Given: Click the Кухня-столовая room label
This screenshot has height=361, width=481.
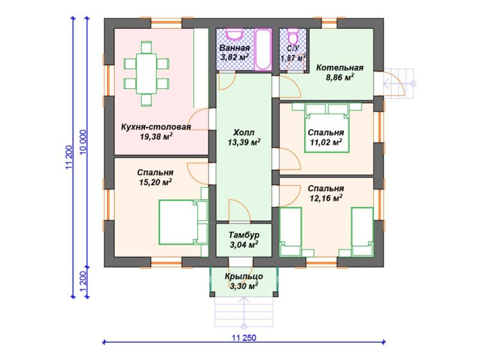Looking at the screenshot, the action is (156, 127).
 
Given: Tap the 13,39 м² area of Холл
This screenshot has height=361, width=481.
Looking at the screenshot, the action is (244, 142).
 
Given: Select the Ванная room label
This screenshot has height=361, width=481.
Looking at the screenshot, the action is (234, 48).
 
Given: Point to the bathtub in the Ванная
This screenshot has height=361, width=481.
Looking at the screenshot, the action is (264, 49).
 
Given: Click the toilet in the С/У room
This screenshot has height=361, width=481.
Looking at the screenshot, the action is (293, 36).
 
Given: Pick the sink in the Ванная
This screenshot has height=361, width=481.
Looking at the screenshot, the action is (234, 34).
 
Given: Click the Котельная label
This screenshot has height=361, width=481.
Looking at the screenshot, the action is (340, 68).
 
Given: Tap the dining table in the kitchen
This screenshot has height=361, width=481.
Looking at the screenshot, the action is (146, 74).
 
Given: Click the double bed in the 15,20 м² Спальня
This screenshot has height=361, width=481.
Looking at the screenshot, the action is (183, 222).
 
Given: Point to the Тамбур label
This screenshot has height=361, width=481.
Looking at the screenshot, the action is (244, 235).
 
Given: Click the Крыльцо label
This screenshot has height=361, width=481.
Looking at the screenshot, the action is (244, 276).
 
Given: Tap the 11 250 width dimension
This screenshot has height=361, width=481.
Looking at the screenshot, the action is (244, 338).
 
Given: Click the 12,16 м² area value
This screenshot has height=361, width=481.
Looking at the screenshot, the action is (326, 198).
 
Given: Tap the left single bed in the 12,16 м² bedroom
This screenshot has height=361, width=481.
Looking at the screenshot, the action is (290, 231).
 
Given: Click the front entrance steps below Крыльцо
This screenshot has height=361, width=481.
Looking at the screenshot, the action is (244, 312).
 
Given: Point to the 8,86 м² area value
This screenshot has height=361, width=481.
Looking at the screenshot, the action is (340, 77).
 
